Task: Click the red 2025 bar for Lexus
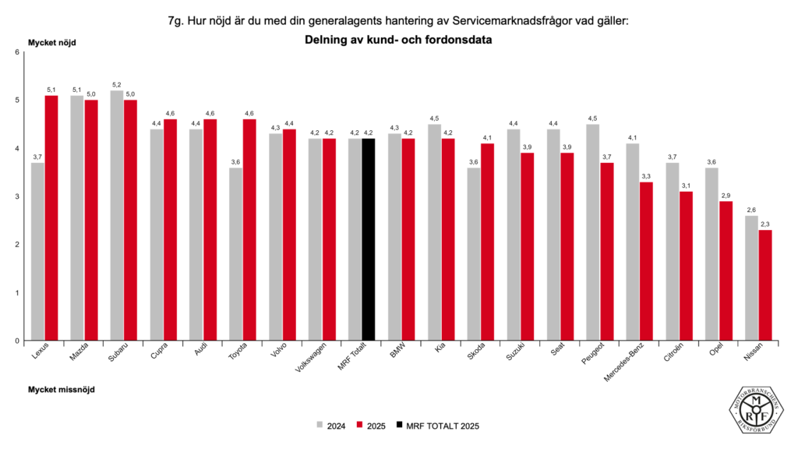[x=51, y=218]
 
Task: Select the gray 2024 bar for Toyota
[x=235, y=254]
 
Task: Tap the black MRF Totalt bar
[x=369, y=239]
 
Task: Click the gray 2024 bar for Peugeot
[x=593, y=232]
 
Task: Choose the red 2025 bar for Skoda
[x=487, y=242]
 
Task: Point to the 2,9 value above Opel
[x=726, y=195]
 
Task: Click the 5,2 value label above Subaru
[x=117, y=85]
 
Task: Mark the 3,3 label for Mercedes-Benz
[x=646, y=176]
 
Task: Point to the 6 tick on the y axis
[x=17, y=52]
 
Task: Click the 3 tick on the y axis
[x=17, y=196]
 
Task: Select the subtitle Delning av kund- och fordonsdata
[x=398, y=40]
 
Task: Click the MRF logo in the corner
[x=757, y=408]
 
